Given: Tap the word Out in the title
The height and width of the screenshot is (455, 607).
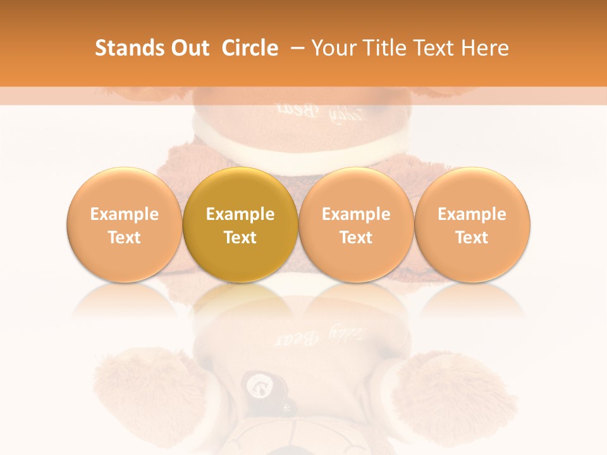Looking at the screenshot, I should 188,48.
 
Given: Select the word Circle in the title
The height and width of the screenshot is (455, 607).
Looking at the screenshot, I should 250,48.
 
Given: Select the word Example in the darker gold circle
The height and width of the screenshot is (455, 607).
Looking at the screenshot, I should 240,214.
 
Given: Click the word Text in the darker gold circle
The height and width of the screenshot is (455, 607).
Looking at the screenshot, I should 240,238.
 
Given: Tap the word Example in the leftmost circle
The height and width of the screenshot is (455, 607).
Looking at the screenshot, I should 125,214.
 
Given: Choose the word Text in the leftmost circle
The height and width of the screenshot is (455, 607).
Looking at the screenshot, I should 125,238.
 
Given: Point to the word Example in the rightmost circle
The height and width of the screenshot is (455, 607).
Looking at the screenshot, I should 472,214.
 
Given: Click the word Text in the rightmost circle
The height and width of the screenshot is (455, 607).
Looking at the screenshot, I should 472,238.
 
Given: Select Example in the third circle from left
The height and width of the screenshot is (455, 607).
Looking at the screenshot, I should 356,214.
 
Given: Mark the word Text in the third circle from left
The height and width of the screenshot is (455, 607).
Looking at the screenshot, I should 356,238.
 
